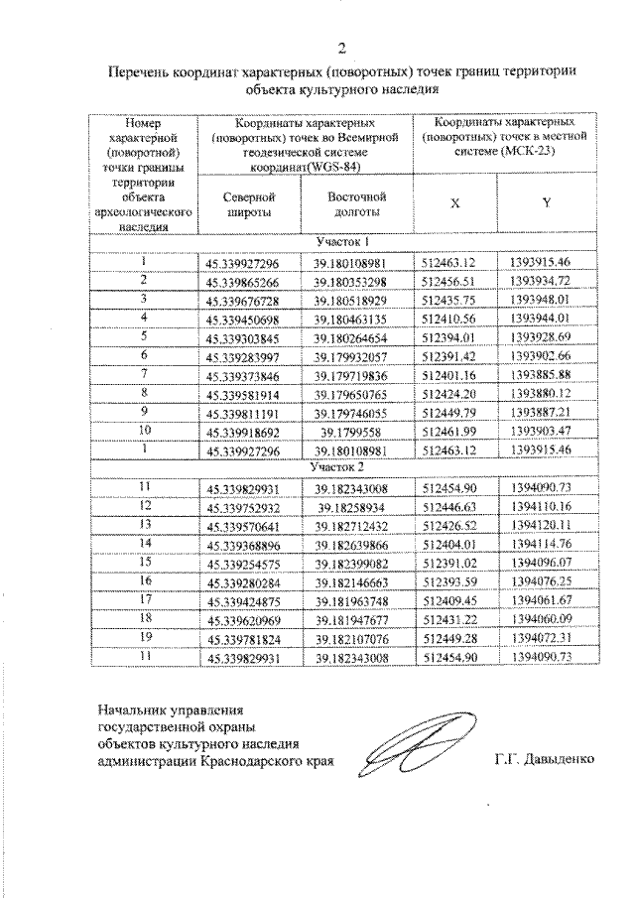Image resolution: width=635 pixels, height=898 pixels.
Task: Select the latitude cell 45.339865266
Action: [243, 282]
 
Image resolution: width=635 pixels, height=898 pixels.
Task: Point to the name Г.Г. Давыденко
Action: [544, 761]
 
